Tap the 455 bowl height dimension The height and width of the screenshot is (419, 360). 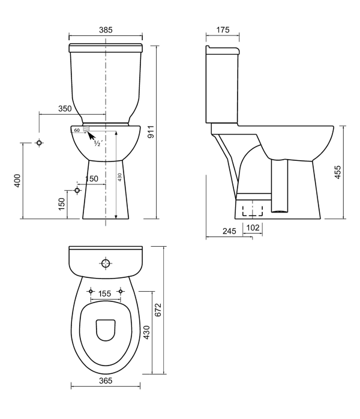[338, 172]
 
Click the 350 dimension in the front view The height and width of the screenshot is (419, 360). [65, 109]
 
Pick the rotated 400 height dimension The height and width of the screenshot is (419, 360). [17, 181]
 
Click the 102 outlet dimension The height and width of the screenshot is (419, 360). [252, 228]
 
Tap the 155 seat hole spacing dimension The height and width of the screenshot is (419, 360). [106, 294]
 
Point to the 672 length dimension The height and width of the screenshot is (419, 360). [159, 310]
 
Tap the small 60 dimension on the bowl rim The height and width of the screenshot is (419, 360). [77, 130]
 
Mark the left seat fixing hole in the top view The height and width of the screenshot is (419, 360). [90, 291]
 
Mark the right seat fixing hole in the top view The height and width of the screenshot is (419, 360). [121, 291]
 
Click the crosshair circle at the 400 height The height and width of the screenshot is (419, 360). [39, 143]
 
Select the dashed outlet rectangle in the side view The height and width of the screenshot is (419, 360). [252, 209]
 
